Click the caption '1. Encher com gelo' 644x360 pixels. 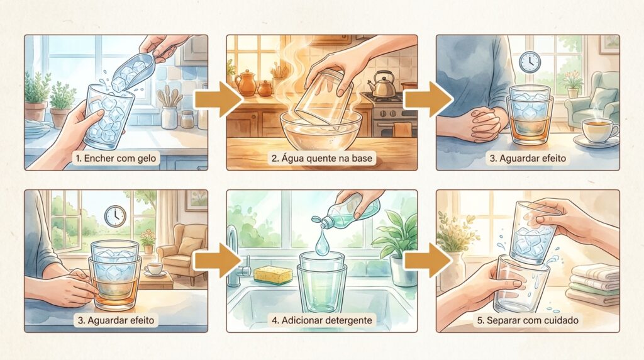[x=116, y=158]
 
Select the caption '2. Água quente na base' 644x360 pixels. [x=321, y=158]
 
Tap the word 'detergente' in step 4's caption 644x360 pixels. [x=348, y=320]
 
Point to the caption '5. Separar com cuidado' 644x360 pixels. [x=528, y=320]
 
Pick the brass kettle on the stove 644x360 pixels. [x=382, y=85]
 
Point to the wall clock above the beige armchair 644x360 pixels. [x=115, y=216]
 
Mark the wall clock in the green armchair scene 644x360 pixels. [x=530, y=62]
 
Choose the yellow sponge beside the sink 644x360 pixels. [x=273, y=275]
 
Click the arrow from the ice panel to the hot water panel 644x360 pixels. [x=218, y=99]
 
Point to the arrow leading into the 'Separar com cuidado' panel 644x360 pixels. [x=428, y=260]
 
